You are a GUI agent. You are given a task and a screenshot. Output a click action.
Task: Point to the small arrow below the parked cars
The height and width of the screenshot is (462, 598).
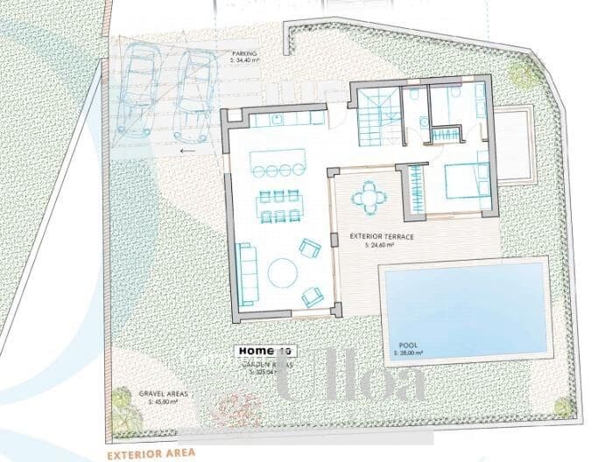pyautogui.click(x=187, y=150)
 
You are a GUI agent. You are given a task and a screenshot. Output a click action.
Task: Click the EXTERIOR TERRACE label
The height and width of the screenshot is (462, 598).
pyautogui.click(x=381, y=236)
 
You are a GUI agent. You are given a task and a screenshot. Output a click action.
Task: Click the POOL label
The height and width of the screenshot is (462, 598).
pyautogui.click(x=408, y=345)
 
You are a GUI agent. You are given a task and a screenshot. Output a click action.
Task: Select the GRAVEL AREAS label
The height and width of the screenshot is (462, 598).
pyautogui.click(x=163, y=394)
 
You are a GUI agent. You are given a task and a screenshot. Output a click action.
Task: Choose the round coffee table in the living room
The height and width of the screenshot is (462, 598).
pyautogui.click(x=282, y=272)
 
